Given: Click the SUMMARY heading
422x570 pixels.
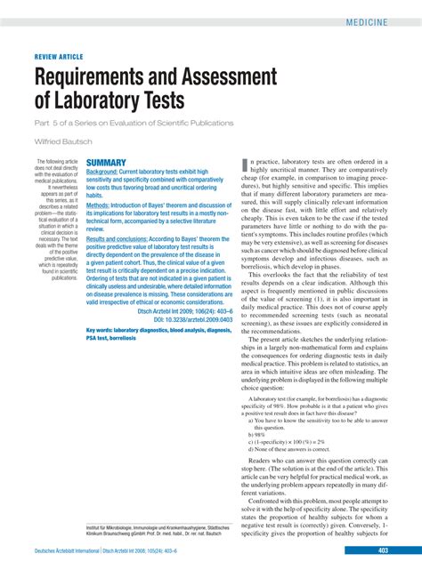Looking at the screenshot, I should pos(105,163).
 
